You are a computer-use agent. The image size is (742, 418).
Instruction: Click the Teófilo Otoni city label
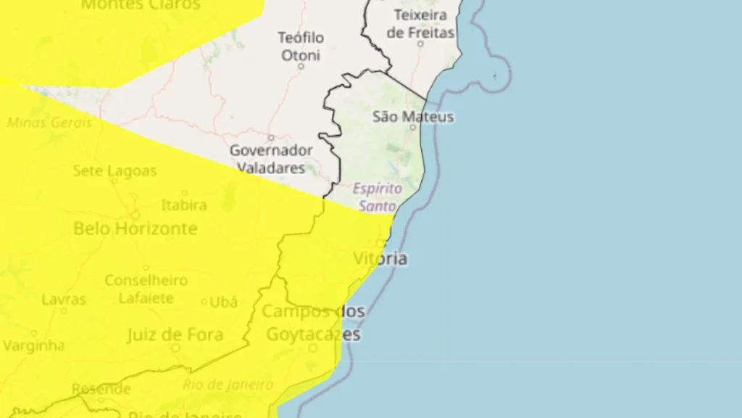(x=301, y=46)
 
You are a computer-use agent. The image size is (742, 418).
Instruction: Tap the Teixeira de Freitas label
(x=421, y=23)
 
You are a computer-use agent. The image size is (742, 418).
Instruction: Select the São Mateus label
(x=413, y=116)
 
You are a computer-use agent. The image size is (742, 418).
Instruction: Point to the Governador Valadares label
(x=271, y=159)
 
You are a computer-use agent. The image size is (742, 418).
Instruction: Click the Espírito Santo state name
(x=378, y=197)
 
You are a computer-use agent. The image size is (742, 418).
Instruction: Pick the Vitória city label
(x=380, y=258)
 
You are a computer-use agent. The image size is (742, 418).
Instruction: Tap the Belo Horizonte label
(x=136, y=229)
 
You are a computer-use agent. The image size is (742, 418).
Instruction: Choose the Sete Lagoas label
(x=114, y=171)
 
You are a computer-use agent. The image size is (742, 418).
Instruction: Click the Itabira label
(x=184, y=205)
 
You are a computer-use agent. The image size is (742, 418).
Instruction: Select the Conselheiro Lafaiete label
(x=146, y=289)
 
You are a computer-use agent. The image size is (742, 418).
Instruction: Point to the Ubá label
(x=223, y=301)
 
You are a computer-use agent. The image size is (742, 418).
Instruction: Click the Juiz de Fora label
(x=175, y=335)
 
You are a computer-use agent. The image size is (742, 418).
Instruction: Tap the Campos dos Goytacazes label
(x=313, y=323)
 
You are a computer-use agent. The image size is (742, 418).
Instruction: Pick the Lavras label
(x=64, y=299)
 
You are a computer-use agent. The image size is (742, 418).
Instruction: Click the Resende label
(x=101, y=388)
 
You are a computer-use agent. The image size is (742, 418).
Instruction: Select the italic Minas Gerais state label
(x=49, y=123)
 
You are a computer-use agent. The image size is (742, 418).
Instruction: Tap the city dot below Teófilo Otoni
(x=301, y=66)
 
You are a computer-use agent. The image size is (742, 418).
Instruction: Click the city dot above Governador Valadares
(x=271, y=137)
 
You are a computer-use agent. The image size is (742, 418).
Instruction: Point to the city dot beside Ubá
(x=204, y=302)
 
